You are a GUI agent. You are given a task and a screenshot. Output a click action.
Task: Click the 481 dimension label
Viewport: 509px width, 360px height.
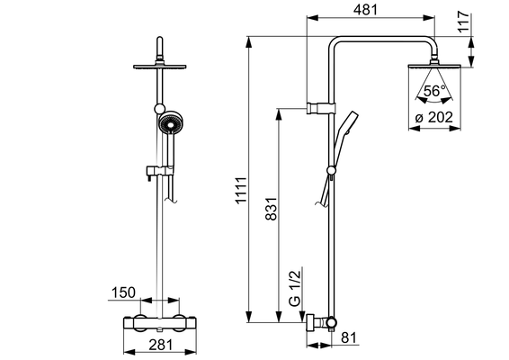pos(365,10)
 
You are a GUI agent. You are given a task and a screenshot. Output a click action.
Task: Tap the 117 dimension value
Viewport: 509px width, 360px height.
pos(463,22)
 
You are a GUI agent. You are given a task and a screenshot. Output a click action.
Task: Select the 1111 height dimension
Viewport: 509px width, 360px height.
pos(242,190)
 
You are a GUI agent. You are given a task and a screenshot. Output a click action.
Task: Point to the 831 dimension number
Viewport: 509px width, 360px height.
pos(271,209)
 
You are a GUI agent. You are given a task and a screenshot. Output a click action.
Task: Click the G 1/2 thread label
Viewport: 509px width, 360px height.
pos(295,288)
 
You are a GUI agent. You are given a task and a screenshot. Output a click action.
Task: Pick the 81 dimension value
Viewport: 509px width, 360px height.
pos(349,337)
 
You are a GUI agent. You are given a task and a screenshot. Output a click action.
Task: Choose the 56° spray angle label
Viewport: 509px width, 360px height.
pos(434,91)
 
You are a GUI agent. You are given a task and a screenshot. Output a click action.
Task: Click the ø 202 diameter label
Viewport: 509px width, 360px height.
pos(434,117)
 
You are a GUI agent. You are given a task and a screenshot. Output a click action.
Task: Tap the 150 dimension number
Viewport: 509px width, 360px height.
pos(123,292)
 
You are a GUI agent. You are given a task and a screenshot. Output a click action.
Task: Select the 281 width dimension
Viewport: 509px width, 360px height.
pos(161,345)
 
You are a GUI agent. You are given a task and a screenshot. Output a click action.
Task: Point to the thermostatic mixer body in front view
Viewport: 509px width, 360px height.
pos(160,324)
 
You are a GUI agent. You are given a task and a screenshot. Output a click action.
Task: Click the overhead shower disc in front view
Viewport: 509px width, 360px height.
pos(160,67)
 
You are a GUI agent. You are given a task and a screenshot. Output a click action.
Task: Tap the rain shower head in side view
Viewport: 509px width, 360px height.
pos(434,66)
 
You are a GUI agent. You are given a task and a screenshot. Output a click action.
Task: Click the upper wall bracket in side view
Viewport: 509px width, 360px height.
pos(321,108)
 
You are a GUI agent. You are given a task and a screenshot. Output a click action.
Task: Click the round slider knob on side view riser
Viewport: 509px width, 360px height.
pos(332,170)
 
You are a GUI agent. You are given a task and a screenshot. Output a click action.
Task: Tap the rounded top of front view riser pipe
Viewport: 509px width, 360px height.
pos(160,39)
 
